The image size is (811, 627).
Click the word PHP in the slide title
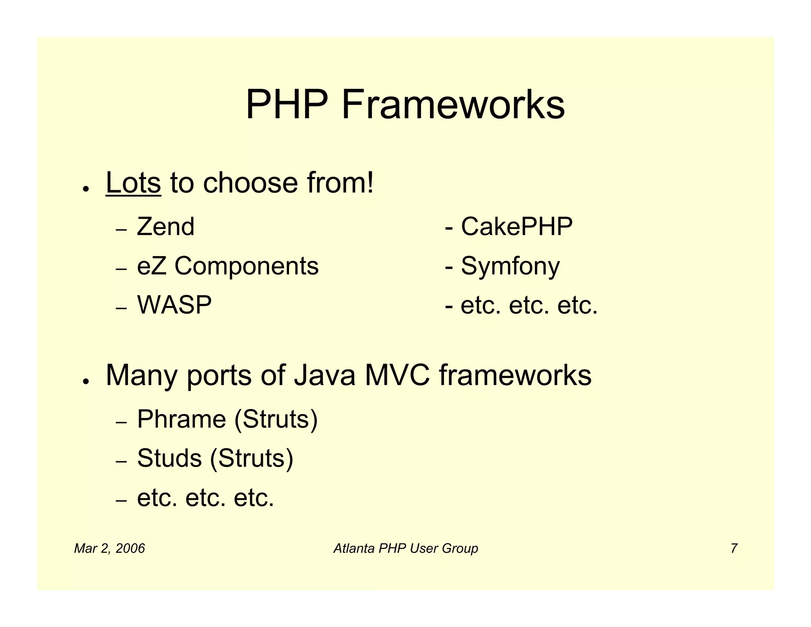[287, 105]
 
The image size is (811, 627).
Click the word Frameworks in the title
[453, 105]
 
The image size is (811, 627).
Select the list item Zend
[166, 227]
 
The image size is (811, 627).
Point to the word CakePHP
[517, 227]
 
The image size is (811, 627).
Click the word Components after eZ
[246, 266]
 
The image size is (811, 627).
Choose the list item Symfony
[510, 266]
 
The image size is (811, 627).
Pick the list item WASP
[174, 305]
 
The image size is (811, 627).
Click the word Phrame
[181, 419]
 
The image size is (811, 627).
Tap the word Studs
[169, 458]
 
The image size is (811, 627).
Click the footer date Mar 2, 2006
[109, 549]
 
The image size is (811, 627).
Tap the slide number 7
[734, 549]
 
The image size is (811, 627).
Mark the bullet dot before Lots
[85, 189]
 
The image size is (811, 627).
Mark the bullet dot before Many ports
[85, 381]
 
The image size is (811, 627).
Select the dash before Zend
[121, 230]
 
